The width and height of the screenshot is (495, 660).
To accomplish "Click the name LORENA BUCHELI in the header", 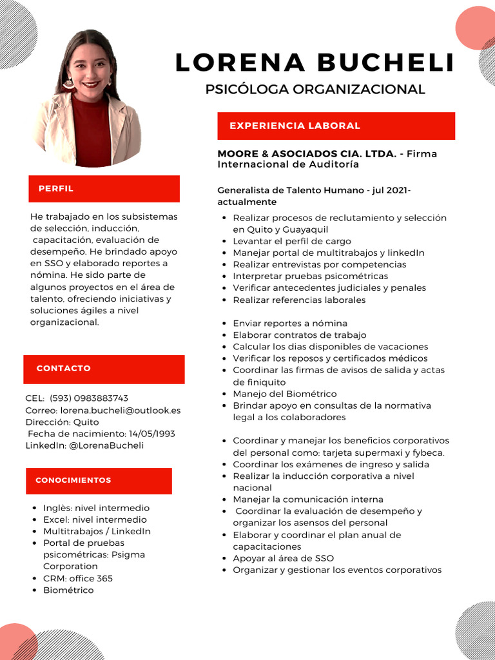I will [x=315, y=63].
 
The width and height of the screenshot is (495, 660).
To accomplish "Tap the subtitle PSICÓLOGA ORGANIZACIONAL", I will [x=315, y=90].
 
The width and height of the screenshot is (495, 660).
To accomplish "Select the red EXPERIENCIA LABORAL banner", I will [x=336, y=126].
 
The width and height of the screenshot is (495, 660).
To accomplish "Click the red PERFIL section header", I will [x=104, y=189].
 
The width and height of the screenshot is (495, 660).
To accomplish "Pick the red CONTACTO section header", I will [x=104, y=369].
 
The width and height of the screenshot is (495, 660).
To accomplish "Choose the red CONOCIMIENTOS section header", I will [x=99, y=481].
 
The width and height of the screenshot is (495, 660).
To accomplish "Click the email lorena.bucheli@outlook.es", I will [x=120, y=410].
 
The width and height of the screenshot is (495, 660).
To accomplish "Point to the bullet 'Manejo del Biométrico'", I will [x=284, y=394].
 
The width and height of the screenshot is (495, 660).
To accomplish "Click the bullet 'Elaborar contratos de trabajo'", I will [x=299, y=335].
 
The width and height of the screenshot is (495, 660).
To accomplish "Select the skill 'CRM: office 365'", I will [x=77, y=578].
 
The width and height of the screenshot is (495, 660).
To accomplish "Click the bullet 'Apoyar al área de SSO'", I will [x=283, y=558].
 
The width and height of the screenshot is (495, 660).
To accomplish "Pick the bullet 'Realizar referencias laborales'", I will [x=299, y=300].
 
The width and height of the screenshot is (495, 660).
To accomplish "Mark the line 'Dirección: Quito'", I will [x=63, y=422].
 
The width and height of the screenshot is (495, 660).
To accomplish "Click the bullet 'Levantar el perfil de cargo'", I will [x=291, y=241].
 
